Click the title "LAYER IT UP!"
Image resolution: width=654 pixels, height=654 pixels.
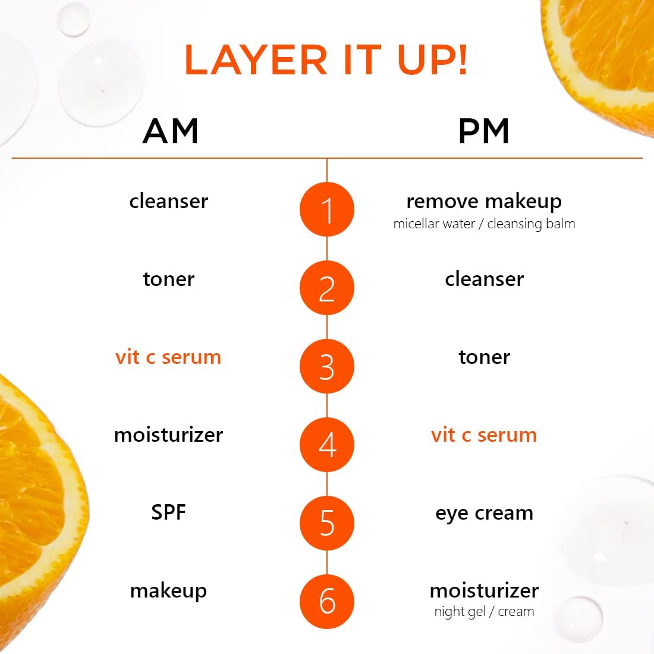(326, 60)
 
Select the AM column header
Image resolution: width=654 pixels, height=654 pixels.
(171, 131)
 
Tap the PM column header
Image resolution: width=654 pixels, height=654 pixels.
(484, 131)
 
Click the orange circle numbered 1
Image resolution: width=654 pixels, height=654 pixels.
(327, 210)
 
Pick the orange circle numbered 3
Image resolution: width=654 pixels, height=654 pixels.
(327, 366)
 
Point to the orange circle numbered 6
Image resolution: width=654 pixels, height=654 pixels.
(327, 601)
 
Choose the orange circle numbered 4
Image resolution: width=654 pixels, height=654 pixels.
(327, 445)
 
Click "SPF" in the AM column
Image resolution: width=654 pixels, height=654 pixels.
(168, 512)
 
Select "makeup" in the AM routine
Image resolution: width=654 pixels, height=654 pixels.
(168, 591)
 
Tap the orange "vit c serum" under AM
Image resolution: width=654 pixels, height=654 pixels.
(168, 357)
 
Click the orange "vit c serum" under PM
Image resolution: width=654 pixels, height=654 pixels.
(484, 435)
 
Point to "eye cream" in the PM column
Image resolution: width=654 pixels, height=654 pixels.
(484, 513)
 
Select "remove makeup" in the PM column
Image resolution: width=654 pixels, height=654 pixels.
(484, 202)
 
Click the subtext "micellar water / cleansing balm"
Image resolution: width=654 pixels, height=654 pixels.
(484, 224)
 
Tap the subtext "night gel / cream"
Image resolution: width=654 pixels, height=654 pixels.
(484, 612)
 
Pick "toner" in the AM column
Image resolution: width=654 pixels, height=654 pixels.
(168, 279)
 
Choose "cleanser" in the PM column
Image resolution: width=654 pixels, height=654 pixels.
(484, 279)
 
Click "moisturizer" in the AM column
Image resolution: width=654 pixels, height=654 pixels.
(168, 435)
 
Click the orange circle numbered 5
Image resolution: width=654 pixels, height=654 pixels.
(327, 523)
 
